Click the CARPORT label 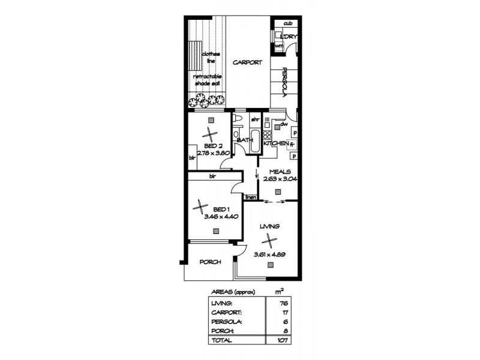click(247, 62)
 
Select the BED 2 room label click(213, 146)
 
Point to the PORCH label click(209, 262)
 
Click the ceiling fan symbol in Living click(271, 241)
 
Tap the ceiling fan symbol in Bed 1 click(199, 208)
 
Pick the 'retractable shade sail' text click(208, 81)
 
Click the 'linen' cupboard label click(251, 197)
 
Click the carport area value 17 click(282, 312)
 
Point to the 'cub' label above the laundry click(287, 23)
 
